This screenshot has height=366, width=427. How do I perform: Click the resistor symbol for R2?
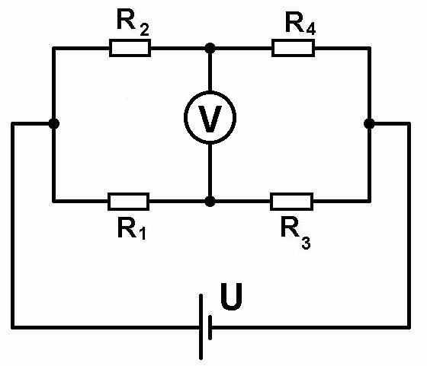130,48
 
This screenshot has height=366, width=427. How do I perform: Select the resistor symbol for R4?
294,48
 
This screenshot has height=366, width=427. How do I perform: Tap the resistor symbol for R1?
129,202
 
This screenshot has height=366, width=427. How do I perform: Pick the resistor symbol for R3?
291,202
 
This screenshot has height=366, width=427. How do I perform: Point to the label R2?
133,22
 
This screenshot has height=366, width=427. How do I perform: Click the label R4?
300,24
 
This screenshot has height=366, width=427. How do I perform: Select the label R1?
132,229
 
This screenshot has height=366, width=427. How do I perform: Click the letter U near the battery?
232,297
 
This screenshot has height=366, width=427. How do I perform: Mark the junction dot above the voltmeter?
210,49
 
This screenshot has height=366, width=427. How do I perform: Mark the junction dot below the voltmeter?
210,202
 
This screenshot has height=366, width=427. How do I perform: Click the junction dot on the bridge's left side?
54,123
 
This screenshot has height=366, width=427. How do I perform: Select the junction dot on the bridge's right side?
369,123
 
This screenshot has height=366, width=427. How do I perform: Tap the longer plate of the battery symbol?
201,327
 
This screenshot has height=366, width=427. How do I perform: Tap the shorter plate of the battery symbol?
210,327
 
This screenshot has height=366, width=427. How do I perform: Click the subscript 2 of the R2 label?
144,30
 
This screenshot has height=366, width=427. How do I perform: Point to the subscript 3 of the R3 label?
306,243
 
